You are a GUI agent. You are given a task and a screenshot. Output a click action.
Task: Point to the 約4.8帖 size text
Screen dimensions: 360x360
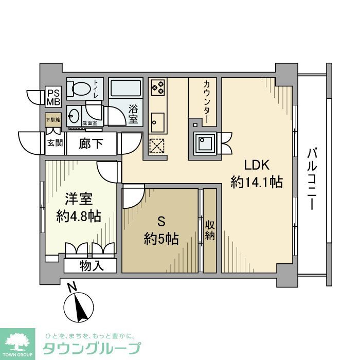(78, 215)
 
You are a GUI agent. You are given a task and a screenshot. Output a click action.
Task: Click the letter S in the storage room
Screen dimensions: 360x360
(160, 222)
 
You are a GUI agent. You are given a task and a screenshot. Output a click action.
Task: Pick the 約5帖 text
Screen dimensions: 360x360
(161, 239)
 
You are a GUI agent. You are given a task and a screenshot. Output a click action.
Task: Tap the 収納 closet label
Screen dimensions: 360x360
(210, 230)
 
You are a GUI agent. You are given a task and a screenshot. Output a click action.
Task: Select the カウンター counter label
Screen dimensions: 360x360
(206, 101)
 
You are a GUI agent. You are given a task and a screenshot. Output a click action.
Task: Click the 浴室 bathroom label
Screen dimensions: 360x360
(133, 114)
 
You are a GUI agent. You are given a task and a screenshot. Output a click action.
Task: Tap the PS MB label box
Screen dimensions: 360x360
(53, 97)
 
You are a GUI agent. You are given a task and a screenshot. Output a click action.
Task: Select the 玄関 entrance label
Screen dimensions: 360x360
(52, 143)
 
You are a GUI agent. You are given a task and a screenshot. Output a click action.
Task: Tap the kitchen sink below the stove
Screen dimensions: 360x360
(157, 122)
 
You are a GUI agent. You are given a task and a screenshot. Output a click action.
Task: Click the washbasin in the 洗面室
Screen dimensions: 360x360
(73, 115)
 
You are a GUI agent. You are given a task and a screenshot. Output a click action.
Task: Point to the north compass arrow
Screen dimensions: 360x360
(80, 307)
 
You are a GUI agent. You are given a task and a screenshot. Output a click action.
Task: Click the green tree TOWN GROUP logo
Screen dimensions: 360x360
(17, 341)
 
